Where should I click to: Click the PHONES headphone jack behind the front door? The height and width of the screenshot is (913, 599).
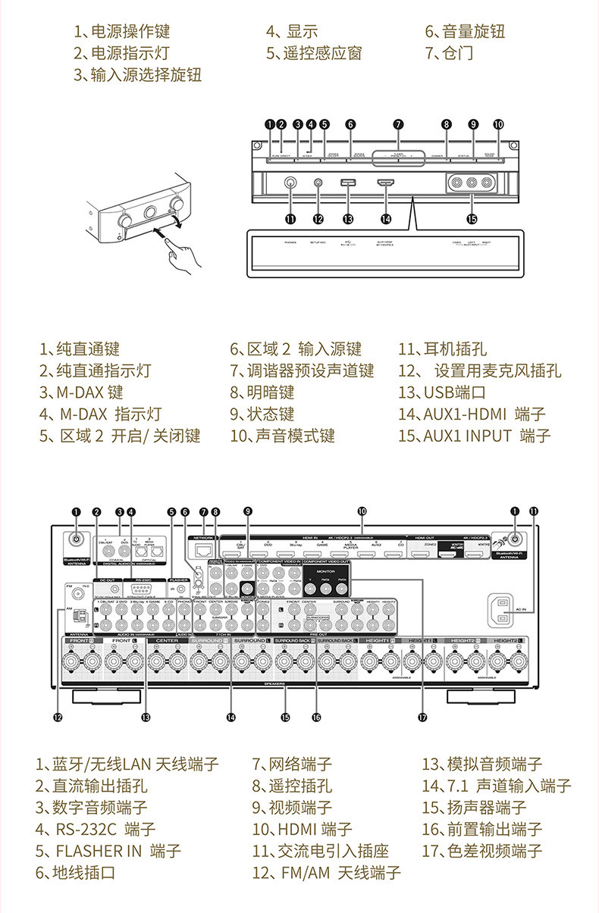[290, 183]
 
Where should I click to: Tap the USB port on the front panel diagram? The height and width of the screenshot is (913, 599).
[348, 183]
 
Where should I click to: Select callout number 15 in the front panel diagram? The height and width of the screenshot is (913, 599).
[472, 219]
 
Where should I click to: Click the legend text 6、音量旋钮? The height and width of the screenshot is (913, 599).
[464, 32]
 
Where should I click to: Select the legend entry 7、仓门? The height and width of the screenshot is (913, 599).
[449, 53]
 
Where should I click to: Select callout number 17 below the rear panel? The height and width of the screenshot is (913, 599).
[422, 716]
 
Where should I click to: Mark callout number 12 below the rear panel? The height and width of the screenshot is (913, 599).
[58, 716]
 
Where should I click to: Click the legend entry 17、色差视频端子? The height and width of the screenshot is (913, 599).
[482, 851]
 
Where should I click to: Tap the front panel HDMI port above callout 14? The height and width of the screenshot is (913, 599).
[386, 183]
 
